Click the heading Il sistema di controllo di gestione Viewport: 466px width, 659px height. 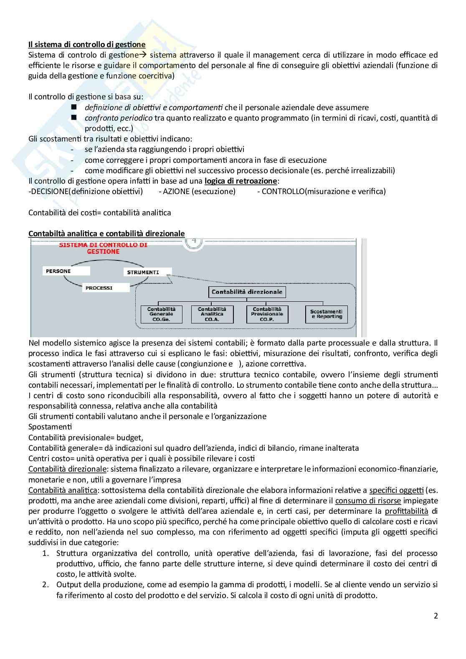point(87,44)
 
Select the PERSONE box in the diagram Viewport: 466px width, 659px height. point(66,271)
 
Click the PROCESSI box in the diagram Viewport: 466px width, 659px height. point(107,288)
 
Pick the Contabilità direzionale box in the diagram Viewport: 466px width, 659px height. point(247,292)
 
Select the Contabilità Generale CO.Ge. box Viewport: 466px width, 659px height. point(162,314)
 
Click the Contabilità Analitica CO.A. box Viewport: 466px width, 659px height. point(212,314)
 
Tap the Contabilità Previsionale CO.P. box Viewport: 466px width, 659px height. point(267,314)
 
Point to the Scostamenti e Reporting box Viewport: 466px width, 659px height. point(326,314)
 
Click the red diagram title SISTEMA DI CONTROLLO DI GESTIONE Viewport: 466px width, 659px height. point(103,248)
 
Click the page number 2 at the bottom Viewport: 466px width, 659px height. point(436,616)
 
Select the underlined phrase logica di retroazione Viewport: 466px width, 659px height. point(241,181)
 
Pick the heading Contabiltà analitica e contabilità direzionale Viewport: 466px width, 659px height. point(106,233)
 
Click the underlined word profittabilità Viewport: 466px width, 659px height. point(406,511)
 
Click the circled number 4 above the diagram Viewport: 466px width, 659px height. point(194,241)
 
